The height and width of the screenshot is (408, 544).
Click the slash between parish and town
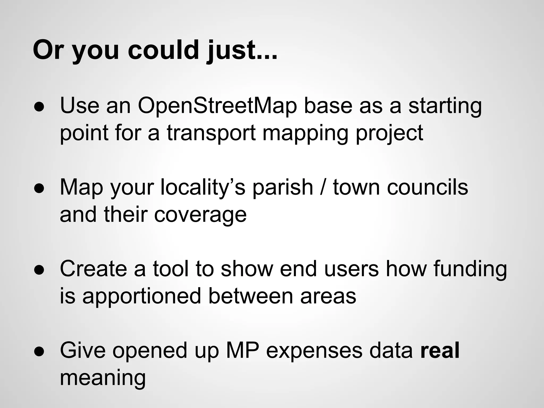323,188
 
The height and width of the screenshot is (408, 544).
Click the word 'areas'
328,296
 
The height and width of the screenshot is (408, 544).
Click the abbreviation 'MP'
242,351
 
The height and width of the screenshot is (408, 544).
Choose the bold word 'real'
440,351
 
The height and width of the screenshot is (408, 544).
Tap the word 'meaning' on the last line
103,379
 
